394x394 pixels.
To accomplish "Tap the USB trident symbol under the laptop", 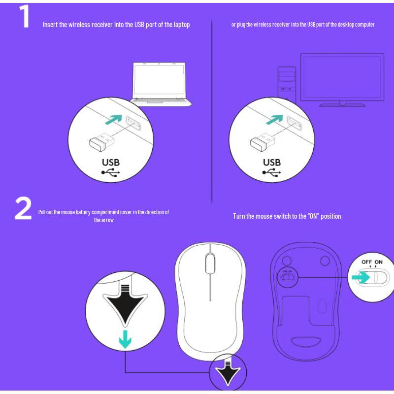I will [x=111, y=173].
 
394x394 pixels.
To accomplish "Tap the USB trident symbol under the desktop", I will [x=272, y=173].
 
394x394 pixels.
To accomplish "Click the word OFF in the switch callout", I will [x=367, y=262].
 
